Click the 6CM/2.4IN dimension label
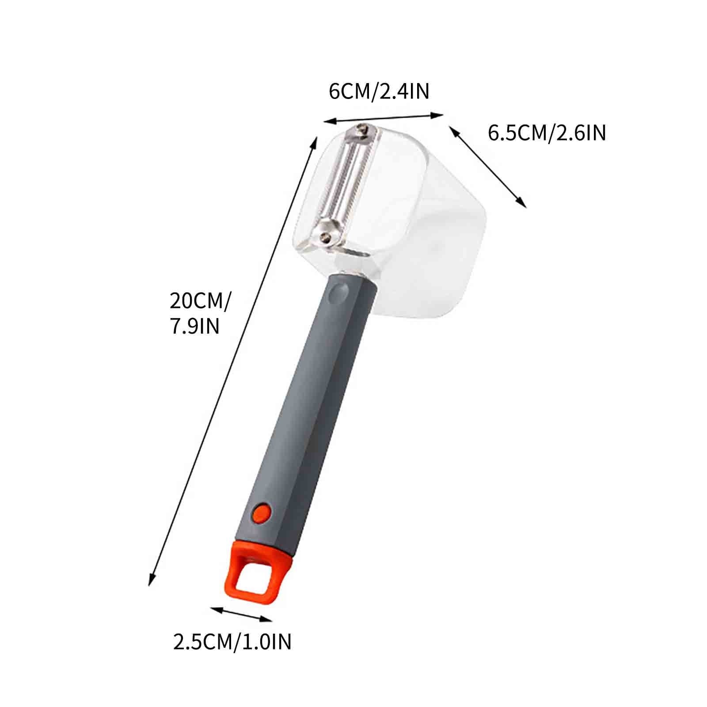[379, 91]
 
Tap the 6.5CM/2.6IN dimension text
[547, 133]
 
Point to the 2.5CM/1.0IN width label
[232, 641]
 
